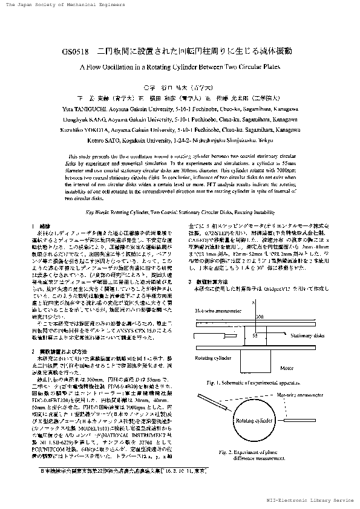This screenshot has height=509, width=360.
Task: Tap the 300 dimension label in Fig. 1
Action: (x=260, y=316)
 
